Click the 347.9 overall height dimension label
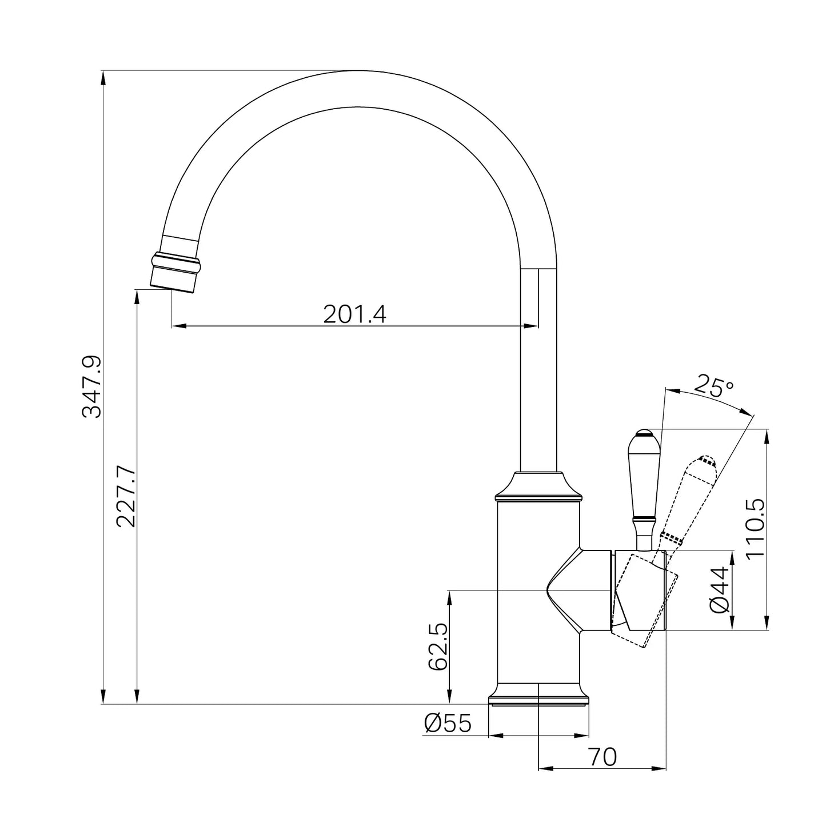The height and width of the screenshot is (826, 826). [91, 386]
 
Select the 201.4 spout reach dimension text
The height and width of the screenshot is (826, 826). [354, 314]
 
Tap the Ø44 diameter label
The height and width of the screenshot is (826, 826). [719, 590]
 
